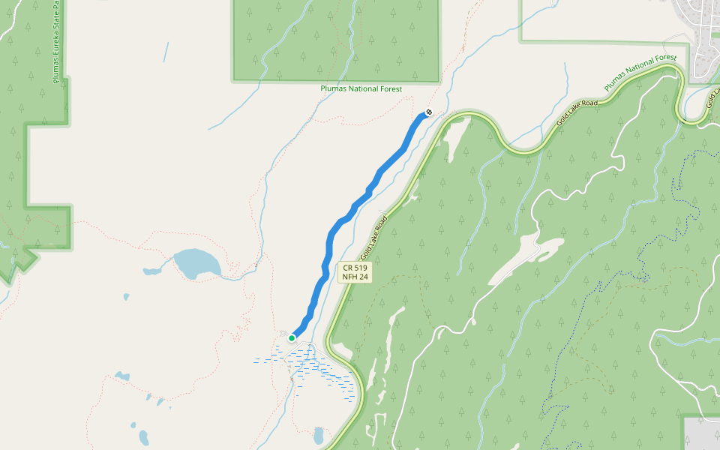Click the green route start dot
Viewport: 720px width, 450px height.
[x=292, y=337]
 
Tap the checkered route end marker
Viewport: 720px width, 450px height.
[x=428, y=112]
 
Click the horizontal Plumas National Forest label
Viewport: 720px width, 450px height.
[x=361, y=88]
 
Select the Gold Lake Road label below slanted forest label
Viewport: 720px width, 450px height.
[x=577, y=112]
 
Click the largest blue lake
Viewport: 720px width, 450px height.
[x=197, y=262]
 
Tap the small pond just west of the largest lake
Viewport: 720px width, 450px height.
[x=151, y=271]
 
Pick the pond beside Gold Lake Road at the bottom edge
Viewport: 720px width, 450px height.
[x=319, y=436]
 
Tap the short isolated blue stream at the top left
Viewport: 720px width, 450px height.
[x=166, y=52]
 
